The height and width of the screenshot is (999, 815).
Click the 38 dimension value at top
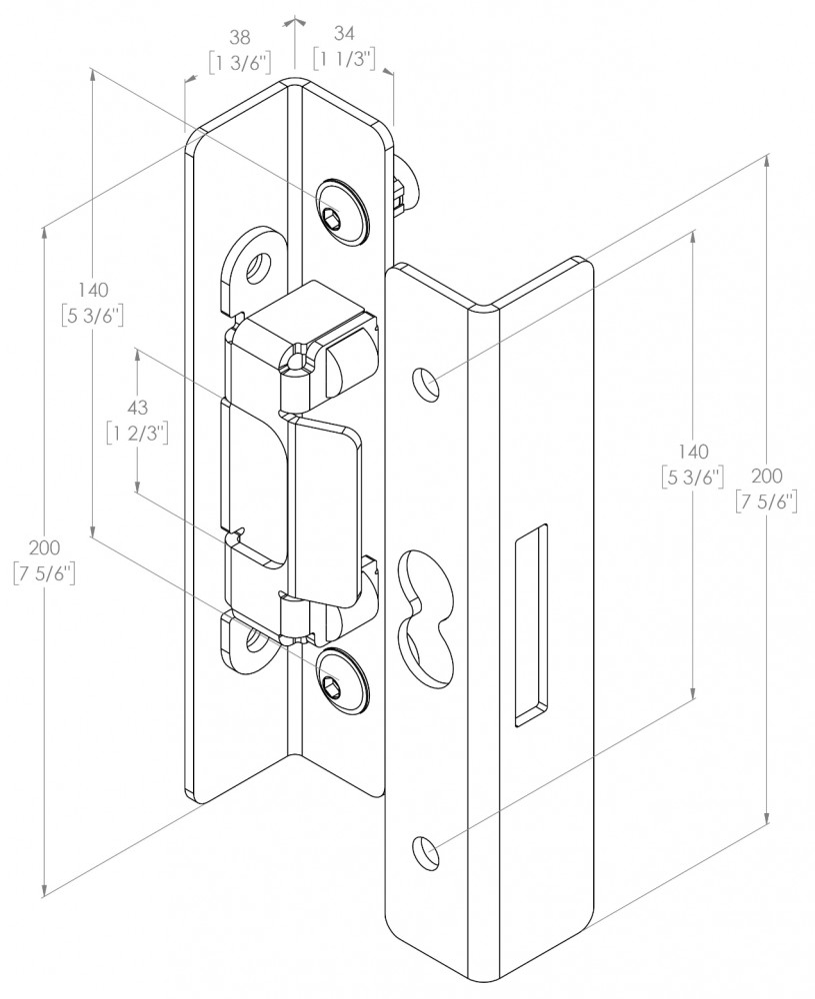pos(239,38)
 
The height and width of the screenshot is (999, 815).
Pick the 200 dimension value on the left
pos(45,548)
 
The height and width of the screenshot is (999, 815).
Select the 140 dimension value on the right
pos(692,452)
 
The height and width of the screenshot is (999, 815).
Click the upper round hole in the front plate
pos(428,385)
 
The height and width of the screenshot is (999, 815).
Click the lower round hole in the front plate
pos(428,851)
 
